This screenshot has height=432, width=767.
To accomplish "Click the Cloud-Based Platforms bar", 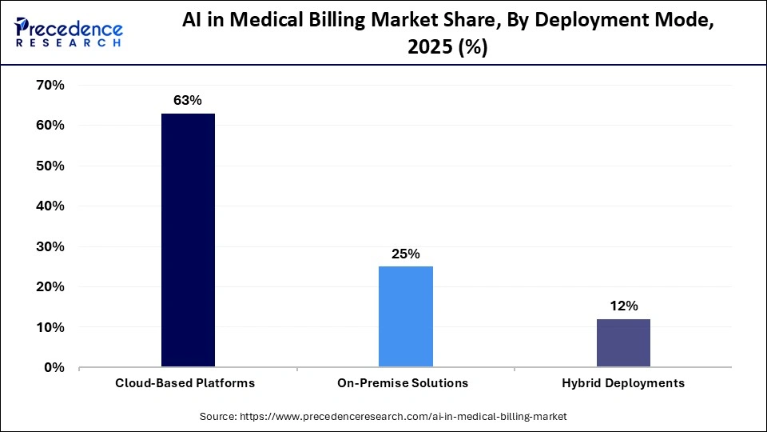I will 188,240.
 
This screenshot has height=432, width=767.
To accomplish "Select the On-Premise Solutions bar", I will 406,317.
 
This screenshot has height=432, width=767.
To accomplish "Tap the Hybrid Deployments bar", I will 623,343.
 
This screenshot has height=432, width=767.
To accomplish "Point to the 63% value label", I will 188,101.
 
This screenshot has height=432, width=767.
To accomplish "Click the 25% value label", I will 406,254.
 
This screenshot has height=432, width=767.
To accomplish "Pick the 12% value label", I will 623,306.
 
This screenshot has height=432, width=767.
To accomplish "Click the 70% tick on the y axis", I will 49,86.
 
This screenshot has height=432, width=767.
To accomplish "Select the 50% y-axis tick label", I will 49,166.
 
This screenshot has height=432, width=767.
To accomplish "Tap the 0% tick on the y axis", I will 53,368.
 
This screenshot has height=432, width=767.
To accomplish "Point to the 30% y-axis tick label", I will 49,247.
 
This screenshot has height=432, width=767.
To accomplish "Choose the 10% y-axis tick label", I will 49,328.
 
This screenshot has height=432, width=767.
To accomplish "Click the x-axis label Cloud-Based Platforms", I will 185,383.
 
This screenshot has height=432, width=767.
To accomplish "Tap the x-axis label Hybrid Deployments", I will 622,383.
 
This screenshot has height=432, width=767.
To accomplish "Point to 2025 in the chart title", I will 428,48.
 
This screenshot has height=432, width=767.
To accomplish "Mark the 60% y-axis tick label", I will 49,126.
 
